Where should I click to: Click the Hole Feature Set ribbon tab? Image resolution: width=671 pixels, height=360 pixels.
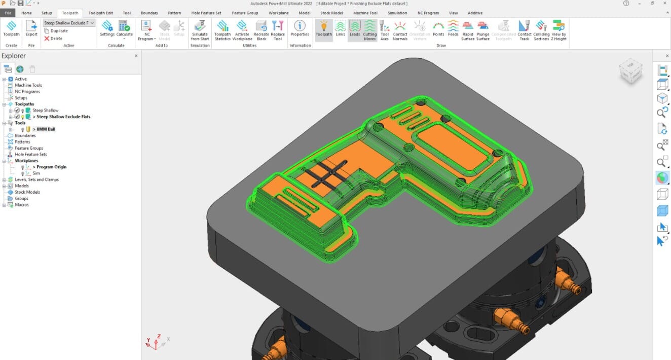206,13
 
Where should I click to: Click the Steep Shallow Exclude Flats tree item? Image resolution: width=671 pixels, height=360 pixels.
63,117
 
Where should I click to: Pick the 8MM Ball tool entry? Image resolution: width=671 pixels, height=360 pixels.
46,129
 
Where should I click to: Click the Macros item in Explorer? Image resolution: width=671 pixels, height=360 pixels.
22,205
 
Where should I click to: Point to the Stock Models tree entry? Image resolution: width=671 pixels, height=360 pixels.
27,192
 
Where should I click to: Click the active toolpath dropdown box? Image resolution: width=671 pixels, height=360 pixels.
69,23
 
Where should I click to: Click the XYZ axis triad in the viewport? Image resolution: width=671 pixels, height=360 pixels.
156,343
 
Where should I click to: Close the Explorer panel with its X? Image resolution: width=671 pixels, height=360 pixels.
136,56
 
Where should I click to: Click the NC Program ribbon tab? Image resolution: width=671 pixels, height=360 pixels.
428,13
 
